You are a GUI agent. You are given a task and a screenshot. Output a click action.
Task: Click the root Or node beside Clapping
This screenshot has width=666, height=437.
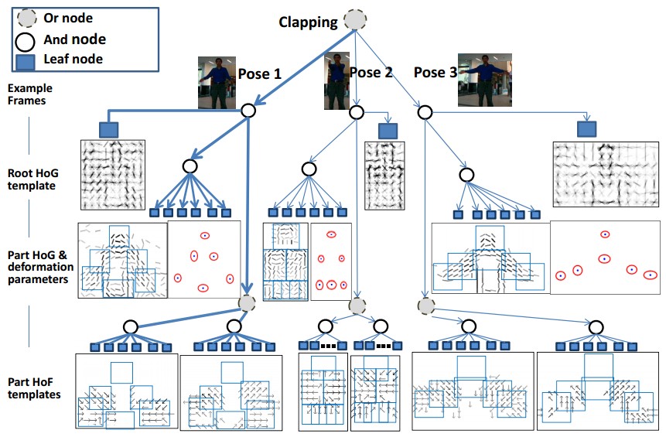355,21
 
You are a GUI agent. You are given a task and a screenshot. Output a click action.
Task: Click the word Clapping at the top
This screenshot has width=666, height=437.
308,22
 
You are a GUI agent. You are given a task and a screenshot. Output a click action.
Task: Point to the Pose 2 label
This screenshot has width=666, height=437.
371,73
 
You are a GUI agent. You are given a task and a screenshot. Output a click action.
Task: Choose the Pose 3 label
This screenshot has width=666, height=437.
435,73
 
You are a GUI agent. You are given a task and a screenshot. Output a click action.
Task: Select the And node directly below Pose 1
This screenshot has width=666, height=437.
248,111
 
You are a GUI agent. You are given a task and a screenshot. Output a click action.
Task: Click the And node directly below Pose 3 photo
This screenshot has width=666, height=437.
424,113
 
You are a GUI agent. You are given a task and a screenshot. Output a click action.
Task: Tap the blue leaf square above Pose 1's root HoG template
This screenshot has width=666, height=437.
108,128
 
